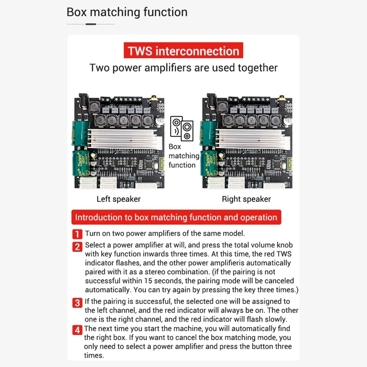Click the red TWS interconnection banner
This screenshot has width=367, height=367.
click(183, 50)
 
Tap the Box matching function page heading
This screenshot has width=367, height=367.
click(127, 12)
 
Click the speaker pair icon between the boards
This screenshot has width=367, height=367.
click(182, 128)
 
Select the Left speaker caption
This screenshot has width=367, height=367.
click(118, 199)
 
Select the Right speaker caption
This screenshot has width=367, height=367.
click(246, 199)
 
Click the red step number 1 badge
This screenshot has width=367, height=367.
click(77, 234)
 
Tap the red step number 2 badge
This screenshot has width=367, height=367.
click(77, 247)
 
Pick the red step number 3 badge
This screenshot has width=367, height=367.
click(77, 303)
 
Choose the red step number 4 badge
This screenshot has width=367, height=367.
click(77, 330)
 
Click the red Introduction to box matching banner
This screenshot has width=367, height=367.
click(176, 217)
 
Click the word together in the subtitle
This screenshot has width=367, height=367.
click(258, 68)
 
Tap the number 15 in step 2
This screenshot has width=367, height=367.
click(148, 281)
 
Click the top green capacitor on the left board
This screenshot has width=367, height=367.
click(81, 133)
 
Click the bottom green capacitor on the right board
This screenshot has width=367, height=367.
click(208, 163)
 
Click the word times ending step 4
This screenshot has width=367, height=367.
click(94, 355)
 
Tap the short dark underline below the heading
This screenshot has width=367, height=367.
click(91, 24)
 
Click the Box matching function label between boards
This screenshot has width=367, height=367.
click(184, 156)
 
